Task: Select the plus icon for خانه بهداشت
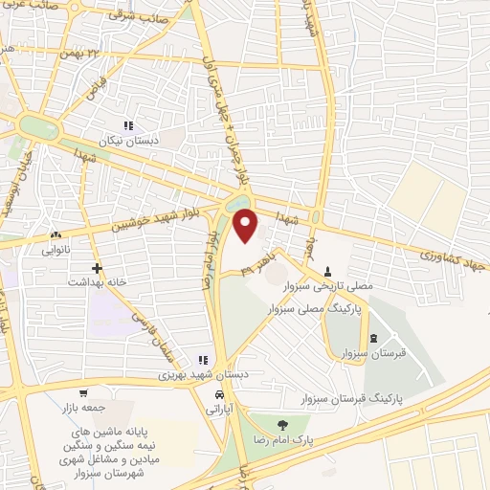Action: (96, 269)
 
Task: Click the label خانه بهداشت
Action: (96, 283)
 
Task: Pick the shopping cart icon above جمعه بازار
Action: (84, 393)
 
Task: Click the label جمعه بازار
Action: (84, 407)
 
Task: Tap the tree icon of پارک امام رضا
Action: (281, 425)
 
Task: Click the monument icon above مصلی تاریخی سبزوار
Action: (328, 271)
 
